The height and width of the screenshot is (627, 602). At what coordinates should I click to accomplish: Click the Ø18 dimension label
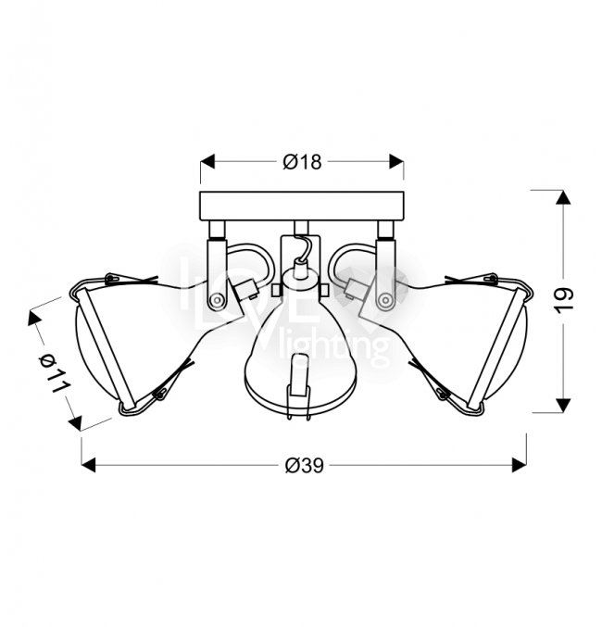[302, 162]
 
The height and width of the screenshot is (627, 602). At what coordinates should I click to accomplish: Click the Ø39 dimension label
[305, 466]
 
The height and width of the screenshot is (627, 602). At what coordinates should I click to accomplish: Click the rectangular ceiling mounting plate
[302, 207]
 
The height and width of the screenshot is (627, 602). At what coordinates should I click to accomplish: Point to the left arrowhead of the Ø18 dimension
[207, 161]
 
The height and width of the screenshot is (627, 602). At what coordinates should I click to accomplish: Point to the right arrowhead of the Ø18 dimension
[396, 161]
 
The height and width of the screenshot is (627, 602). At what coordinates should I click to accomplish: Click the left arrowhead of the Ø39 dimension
[88, 465]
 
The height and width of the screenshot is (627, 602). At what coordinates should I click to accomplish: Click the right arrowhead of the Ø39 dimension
[520, 465]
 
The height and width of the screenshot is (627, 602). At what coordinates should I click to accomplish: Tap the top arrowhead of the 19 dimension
[563, 198]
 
